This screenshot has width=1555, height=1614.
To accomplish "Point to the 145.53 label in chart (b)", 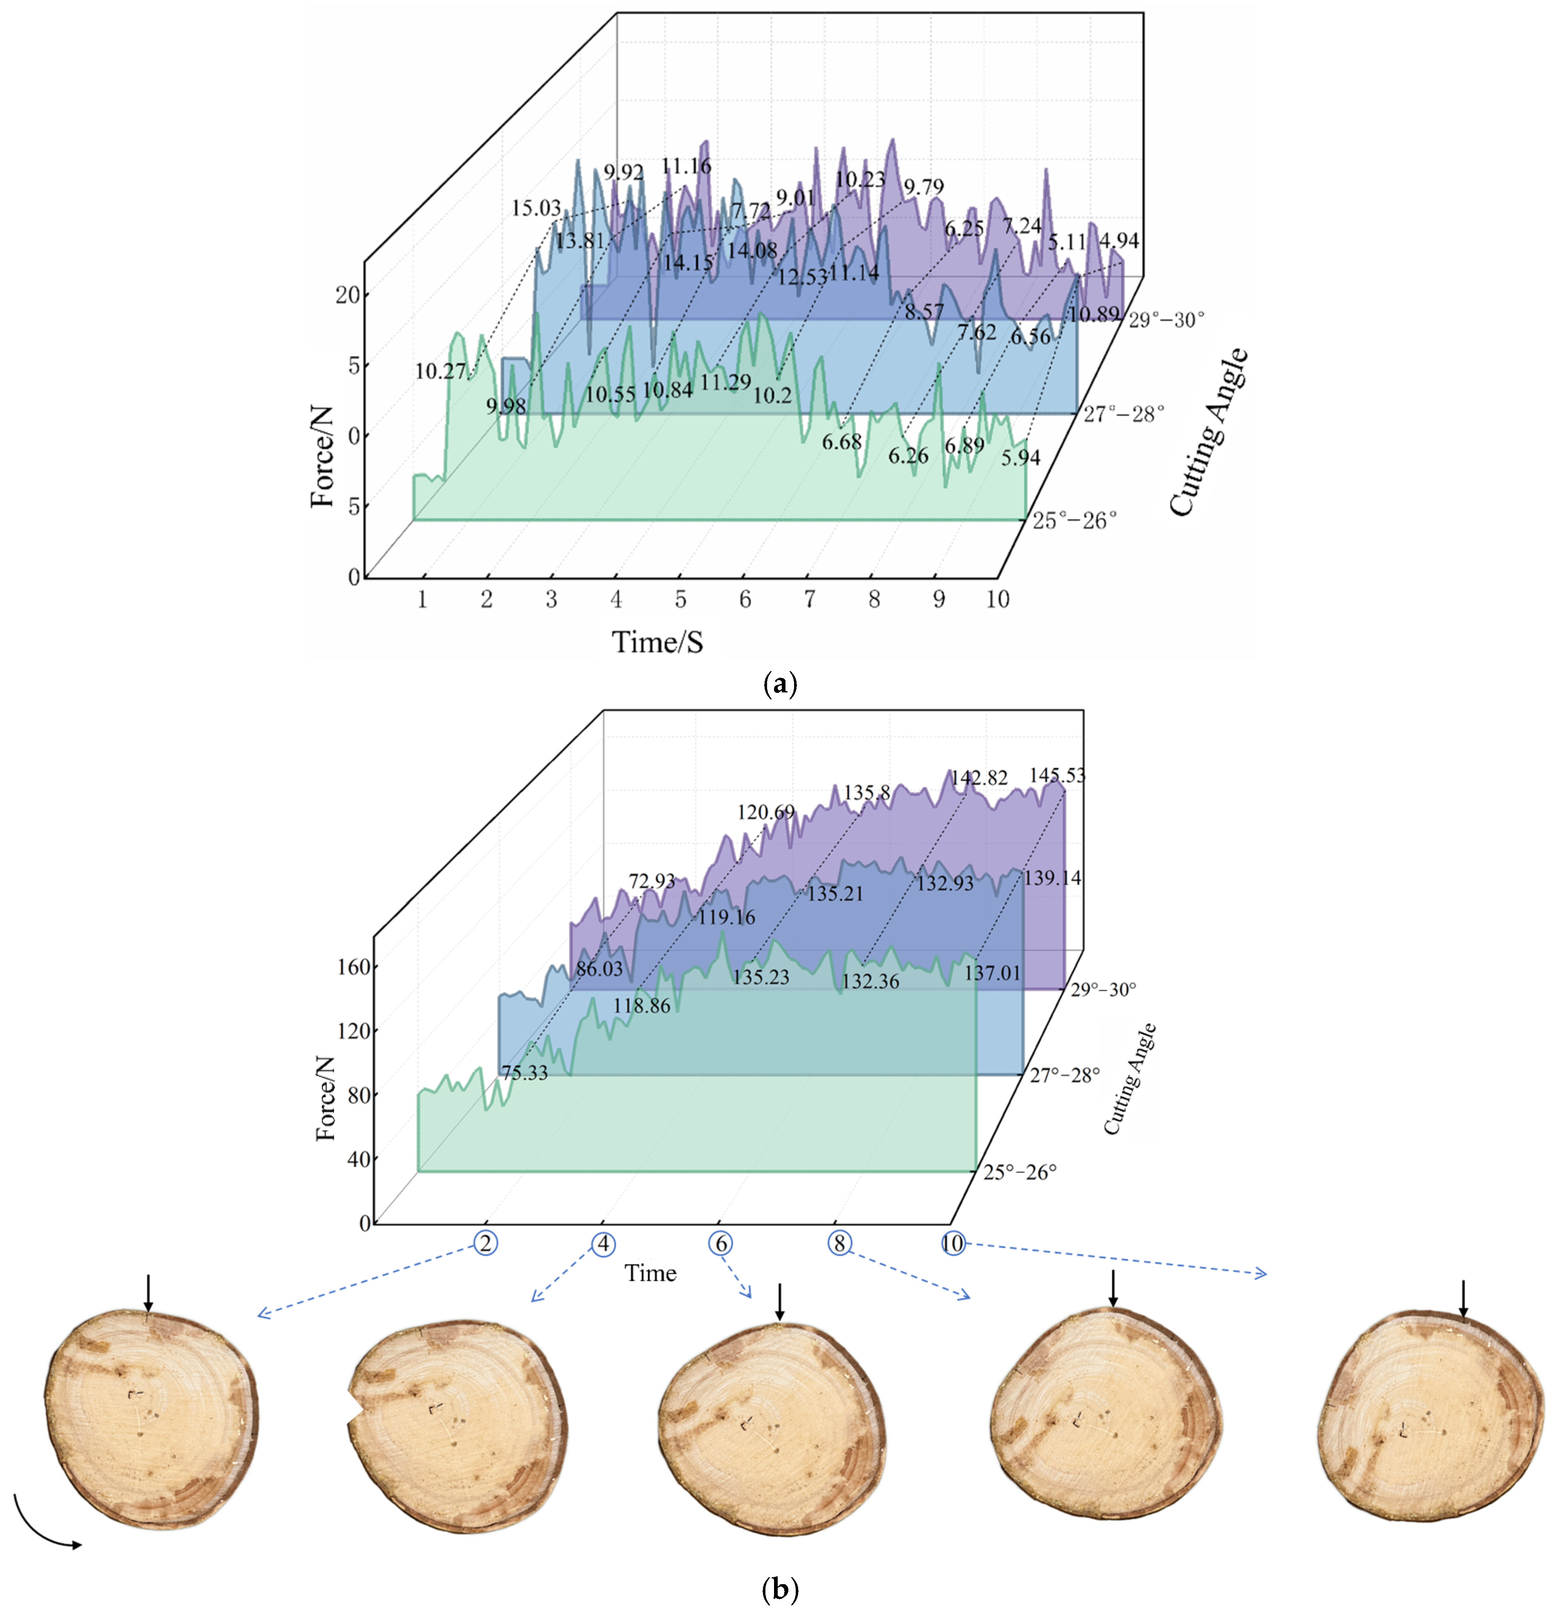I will pos(1057,775).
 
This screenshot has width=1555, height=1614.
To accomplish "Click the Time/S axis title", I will pos(657,642).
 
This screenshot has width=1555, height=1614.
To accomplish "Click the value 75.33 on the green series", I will pos(524,1072).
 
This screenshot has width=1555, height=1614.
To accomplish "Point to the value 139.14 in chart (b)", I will pos(1052,878).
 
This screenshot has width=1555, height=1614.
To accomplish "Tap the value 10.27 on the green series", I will pos(441,371).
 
